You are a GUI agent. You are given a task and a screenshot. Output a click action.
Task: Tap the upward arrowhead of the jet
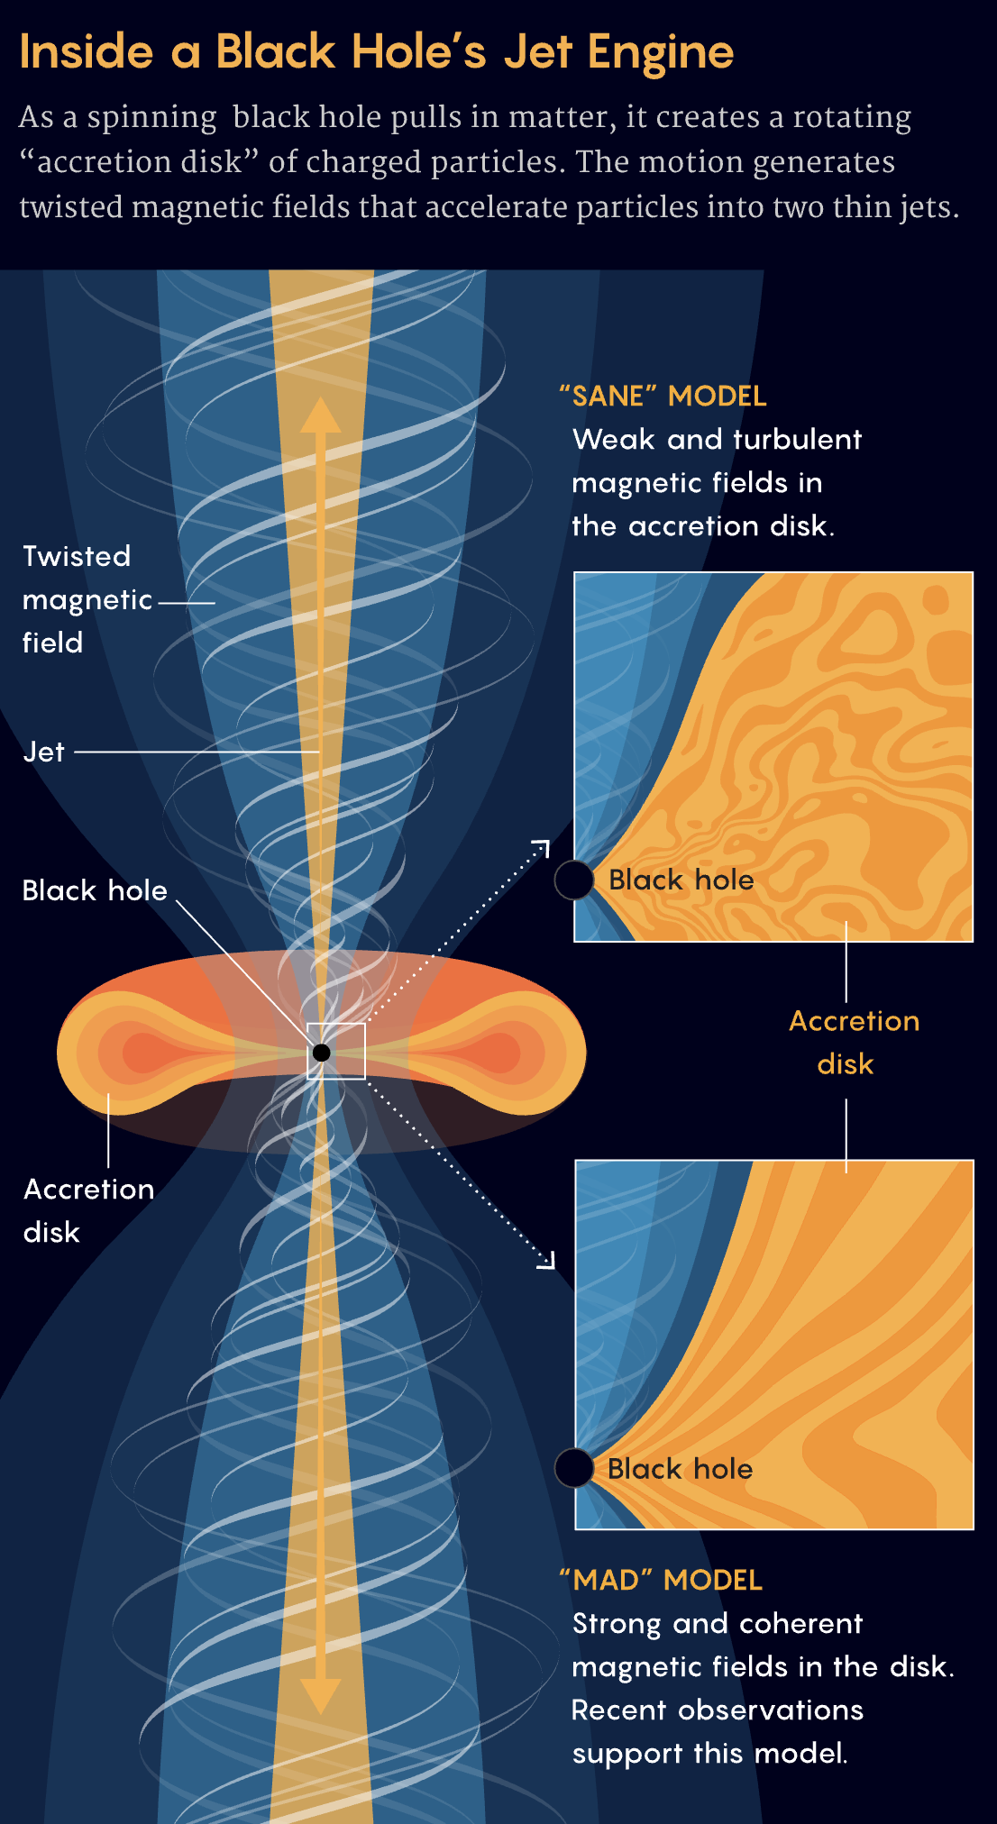coord(320,416)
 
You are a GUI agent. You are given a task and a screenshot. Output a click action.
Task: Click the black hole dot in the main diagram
coord(322,1052)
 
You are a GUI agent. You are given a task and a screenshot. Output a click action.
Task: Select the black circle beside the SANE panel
coord(574,880)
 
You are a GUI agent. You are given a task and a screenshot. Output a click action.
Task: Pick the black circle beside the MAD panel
coord(574,1468)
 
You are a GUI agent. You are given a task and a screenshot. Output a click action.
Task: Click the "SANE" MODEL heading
coord(663,396)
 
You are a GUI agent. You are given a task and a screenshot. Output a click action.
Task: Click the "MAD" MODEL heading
coord(661,1580)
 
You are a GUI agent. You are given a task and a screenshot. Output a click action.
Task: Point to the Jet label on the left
coord(43,752)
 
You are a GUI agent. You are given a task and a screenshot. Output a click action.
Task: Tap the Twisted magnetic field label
coord(87,599)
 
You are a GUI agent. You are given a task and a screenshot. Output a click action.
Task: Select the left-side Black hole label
coord(95,890)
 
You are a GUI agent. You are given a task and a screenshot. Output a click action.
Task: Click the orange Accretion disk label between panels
coord(853,1042)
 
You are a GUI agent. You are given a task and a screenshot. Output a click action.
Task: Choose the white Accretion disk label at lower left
coord(88,1210)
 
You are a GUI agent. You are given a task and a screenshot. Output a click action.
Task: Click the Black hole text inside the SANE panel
coord(681,880)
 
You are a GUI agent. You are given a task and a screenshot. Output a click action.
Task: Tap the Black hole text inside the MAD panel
coord(680,1469)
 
